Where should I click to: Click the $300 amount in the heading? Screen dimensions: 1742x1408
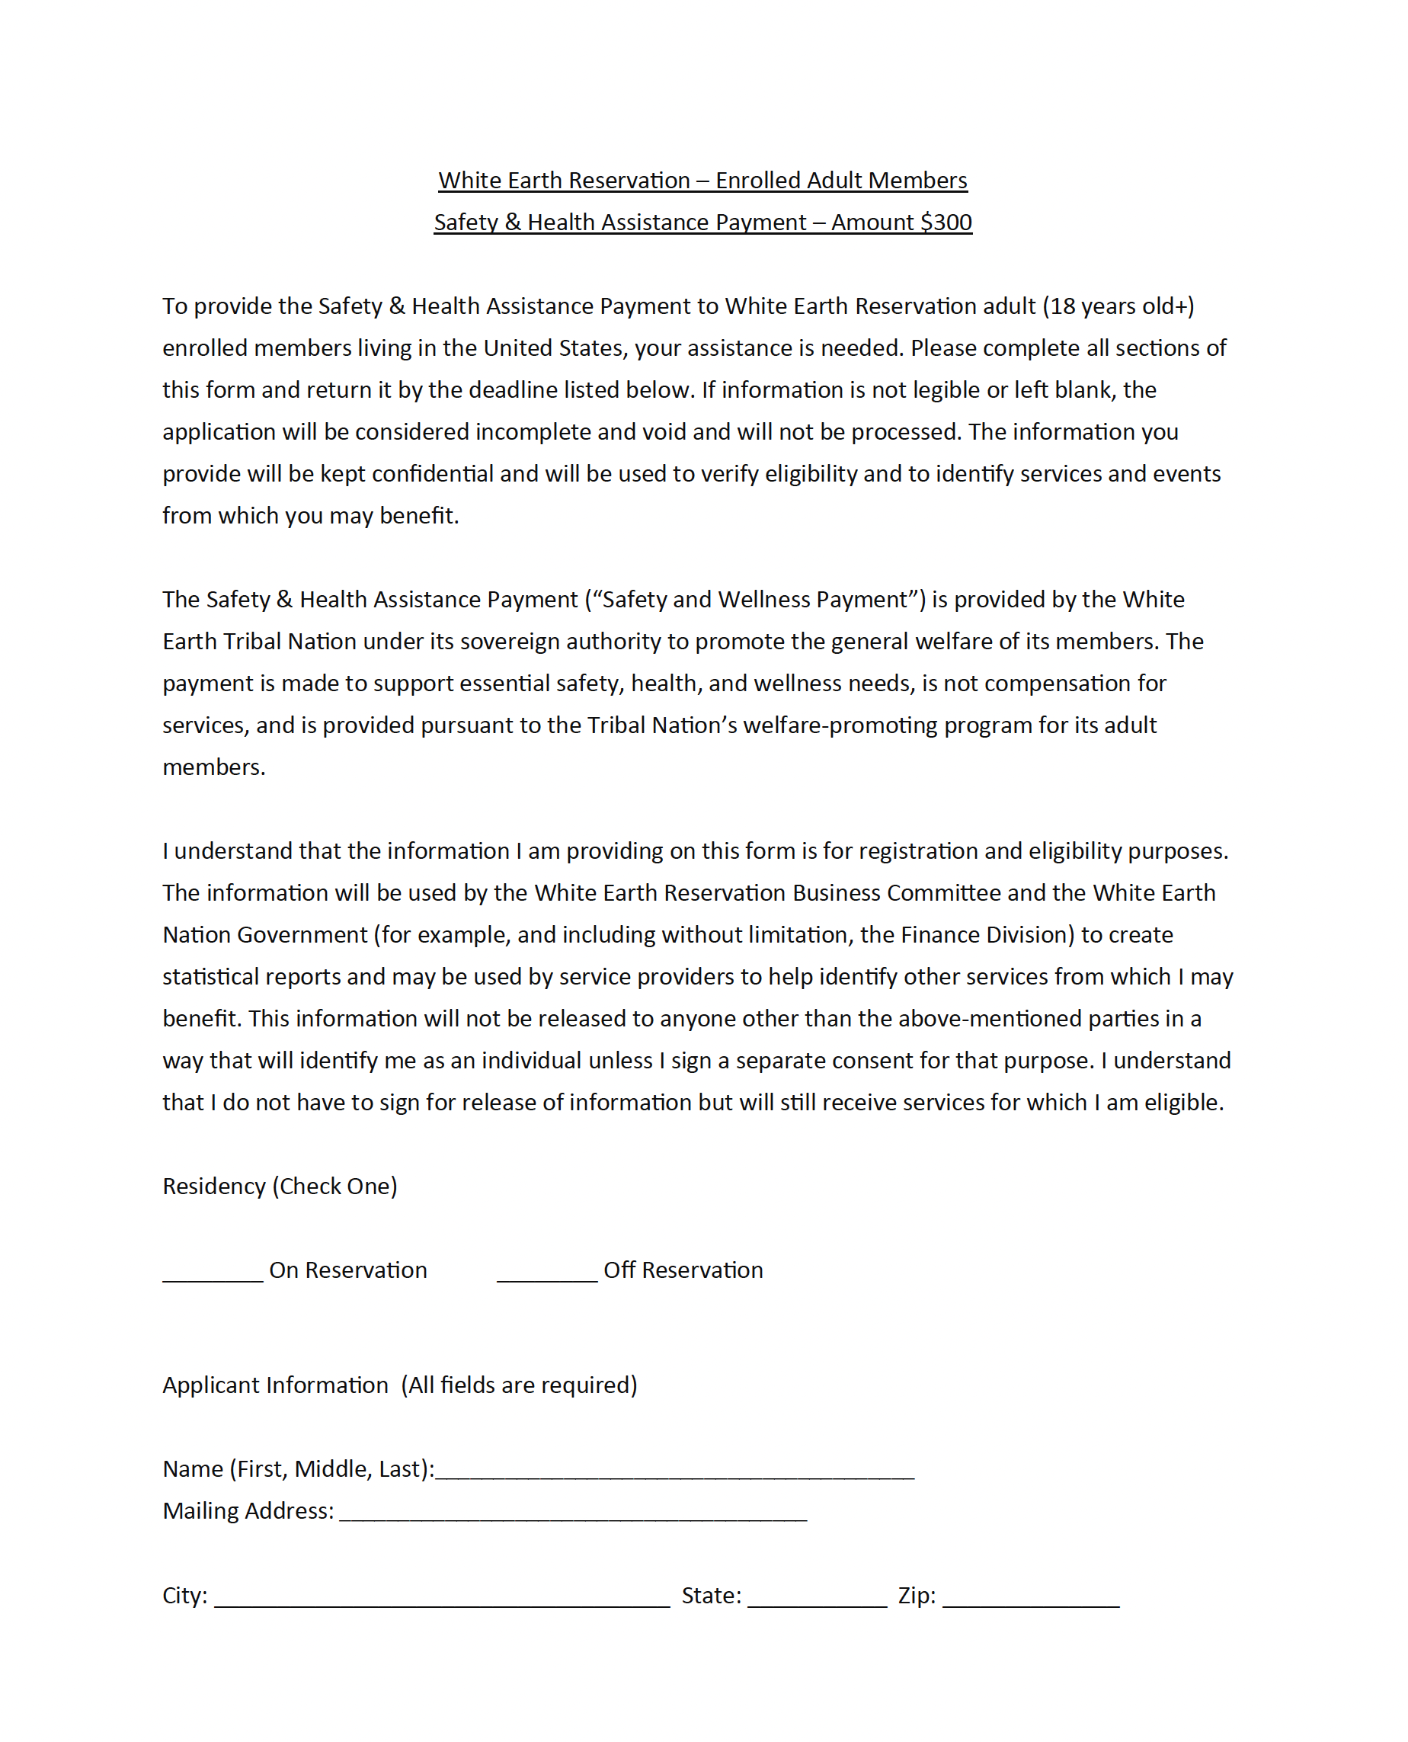pyautogui.click(x=946, y=223)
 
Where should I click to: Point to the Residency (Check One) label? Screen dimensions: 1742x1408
pyautogui.click(x=280, y=1186)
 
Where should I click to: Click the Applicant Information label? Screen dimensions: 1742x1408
pyautogui.click(x=275, y=1385)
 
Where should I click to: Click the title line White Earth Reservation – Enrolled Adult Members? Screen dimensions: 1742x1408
pyautogui.click(x=702, y=180)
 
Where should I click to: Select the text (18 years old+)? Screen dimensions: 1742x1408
pyautogui.click(x=1118, y=306)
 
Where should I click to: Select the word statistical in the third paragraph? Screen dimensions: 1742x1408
pyautogui.click(x=210, y=976)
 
